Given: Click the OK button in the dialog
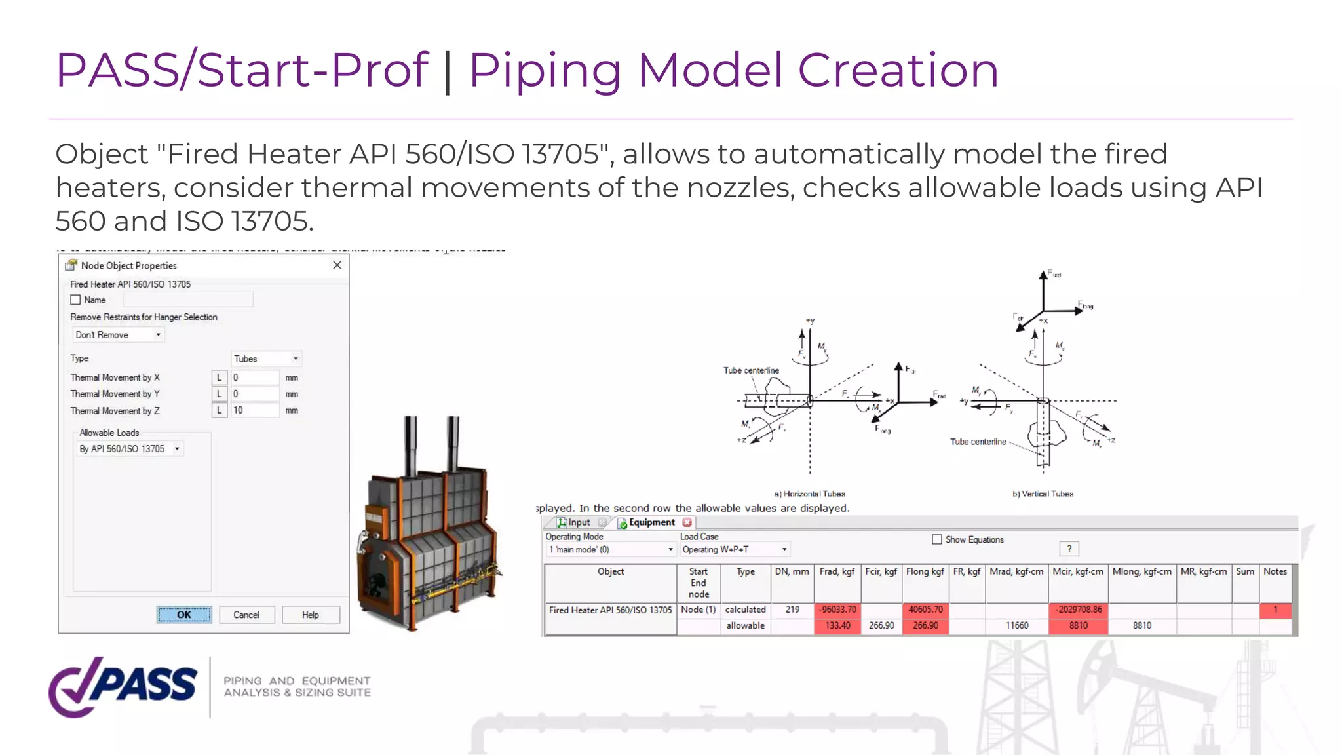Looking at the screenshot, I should click(x=184, y=615).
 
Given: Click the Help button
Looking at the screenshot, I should click(x=311, y=615).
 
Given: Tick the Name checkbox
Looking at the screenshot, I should click(x=75, y=300).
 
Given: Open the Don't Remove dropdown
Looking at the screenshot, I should click(x=118, y=335).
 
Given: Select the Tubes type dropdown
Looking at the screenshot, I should click(x=266, y=358).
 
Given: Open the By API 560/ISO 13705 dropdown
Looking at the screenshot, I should click(x=130, y=449).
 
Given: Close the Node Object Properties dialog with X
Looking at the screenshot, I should click(x=337, y=265).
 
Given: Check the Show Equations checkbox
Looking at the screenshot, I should click(x=937, y=539).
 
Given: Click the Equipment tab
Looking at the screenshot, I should click(x=651, y=522).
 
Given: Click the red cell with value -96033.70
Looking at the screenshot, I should click(x=837, y=610).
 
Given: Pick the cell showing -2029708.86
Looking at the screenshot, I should click(x=1078, y=610).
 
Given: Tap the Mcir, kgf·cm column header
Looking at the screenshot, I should click(x=1078, y=571).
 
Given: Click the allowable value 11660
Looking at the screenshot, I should click(x=1016, y=625).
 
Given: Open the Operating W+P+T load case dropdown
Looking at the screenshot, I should click(x=734, y=549).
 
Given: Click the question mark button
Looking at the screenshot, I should click(x=1069, y=549).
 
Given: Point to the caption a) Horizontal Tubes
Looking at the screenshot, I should click(x=809, y=494).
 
